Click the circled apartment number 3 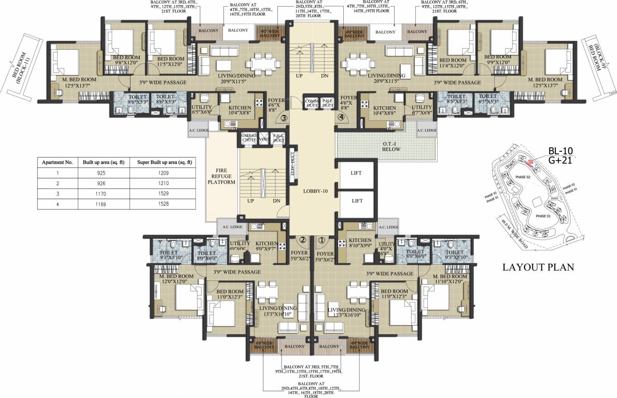(x=284, y=118)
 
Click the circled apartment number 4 (x=341, y=118)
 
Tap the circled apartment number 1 (x=321, y=240)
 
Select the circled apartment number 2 (x=302, y=240)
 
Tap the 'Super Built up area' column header (x=164, y=162)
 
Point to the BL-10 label (x=560, y=151)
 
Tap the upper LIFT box (x=356, y=173)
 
